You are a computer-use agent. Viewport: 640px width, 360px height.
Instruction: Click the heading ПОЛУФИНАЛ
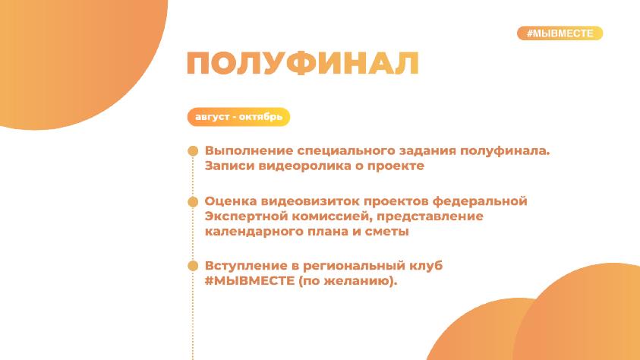(303, 63)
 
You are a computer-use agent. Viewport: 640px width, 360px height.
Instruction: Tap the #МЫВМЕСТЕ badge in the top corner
(560, 33)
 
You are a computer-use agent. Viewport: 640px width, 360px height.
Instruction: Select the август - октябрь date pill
(238, 117)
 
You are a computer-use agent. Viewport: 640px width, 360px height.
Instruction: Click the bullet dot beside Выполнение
(193, 151)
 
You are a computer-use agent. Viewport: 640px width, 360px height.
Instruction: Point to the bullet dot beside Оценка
(193, 201)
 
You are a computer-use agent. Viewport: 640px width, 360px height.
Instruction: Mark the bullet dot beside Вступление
(193, 266)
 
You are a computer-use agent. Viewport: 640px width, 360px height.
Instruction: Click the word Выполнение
(248, 150)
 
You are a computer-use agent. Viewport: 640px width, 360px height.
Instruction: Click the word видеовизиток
(311, 201)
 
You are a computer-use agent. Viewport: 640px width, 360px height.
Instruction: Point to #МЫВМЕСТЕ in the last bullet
(249, 281)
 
